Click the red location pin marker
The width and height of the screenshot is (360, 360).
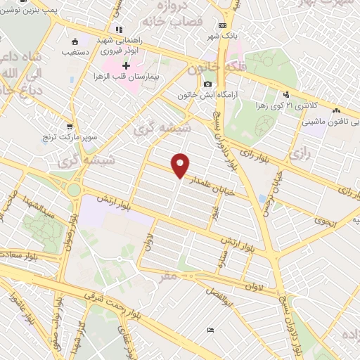tap(181, 165)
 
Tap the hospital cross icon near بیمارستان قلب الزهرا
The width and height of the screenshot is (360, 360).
tap(126, 65)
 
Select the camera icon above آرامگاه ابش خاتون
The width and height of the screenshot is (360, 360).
tap(207, 84)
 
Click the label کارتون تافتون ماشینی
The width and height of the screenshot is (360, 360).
tap(323, 122)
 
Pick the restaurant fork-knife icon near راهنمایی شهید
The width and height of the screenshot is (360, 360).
tap(119, 30)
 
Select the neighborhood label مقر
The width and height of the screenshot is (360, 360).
tap(169, 276)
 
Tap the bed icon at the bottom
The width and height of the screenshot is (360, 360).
tap(210, 330)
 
